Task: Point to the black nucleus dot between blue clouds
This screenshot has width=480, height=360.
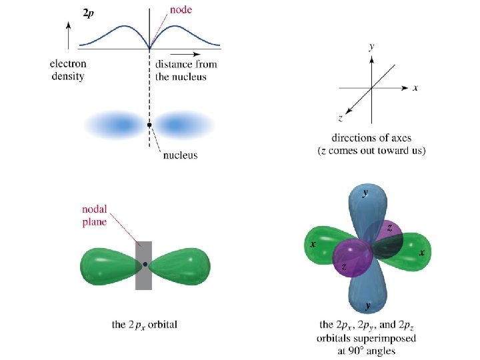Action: (149, 125)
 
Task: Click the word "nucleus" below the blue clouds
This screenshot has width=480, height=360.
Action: (180, 155)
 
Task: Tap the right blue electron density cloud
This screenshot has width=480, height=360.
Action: (180, 124)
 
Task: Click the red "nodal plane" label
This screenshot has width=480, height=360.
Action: (95, 216)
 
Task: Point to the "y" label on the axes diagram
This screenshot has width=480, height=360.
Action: (371, 47)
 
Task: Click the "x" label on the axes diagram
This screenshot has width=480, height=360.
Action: (415, 87)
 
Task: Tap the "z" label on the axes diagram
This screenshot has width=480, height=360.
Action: (341, 118)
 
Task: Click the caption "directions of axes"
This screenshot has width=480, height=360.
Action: (371, 139)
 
